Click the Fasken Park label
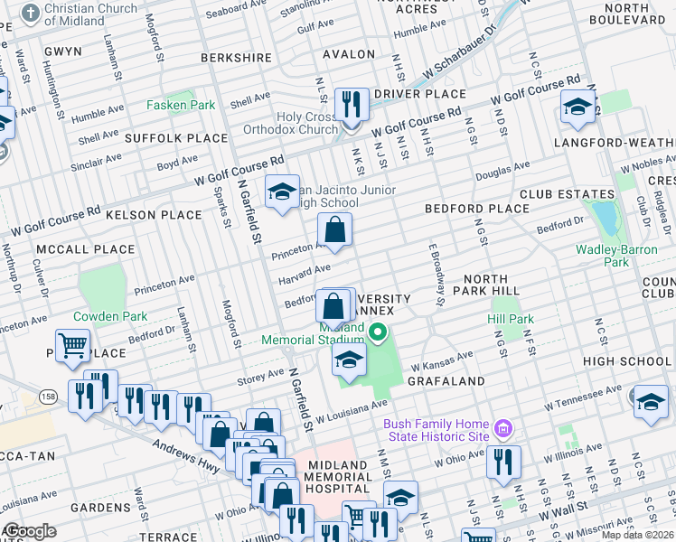[181, 105]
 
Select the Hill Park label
[511, 319]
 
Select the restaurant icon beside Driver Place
[350, 106]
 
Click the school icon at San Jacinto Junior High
[282, 192]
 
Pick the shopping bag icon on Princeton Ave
[334, 230]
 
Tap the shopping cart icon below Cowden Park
[72, 347]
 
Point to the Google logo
[29, 531]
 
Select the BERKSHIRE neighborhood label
[236, 57]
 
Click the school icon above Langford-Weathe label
[577, 108]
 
